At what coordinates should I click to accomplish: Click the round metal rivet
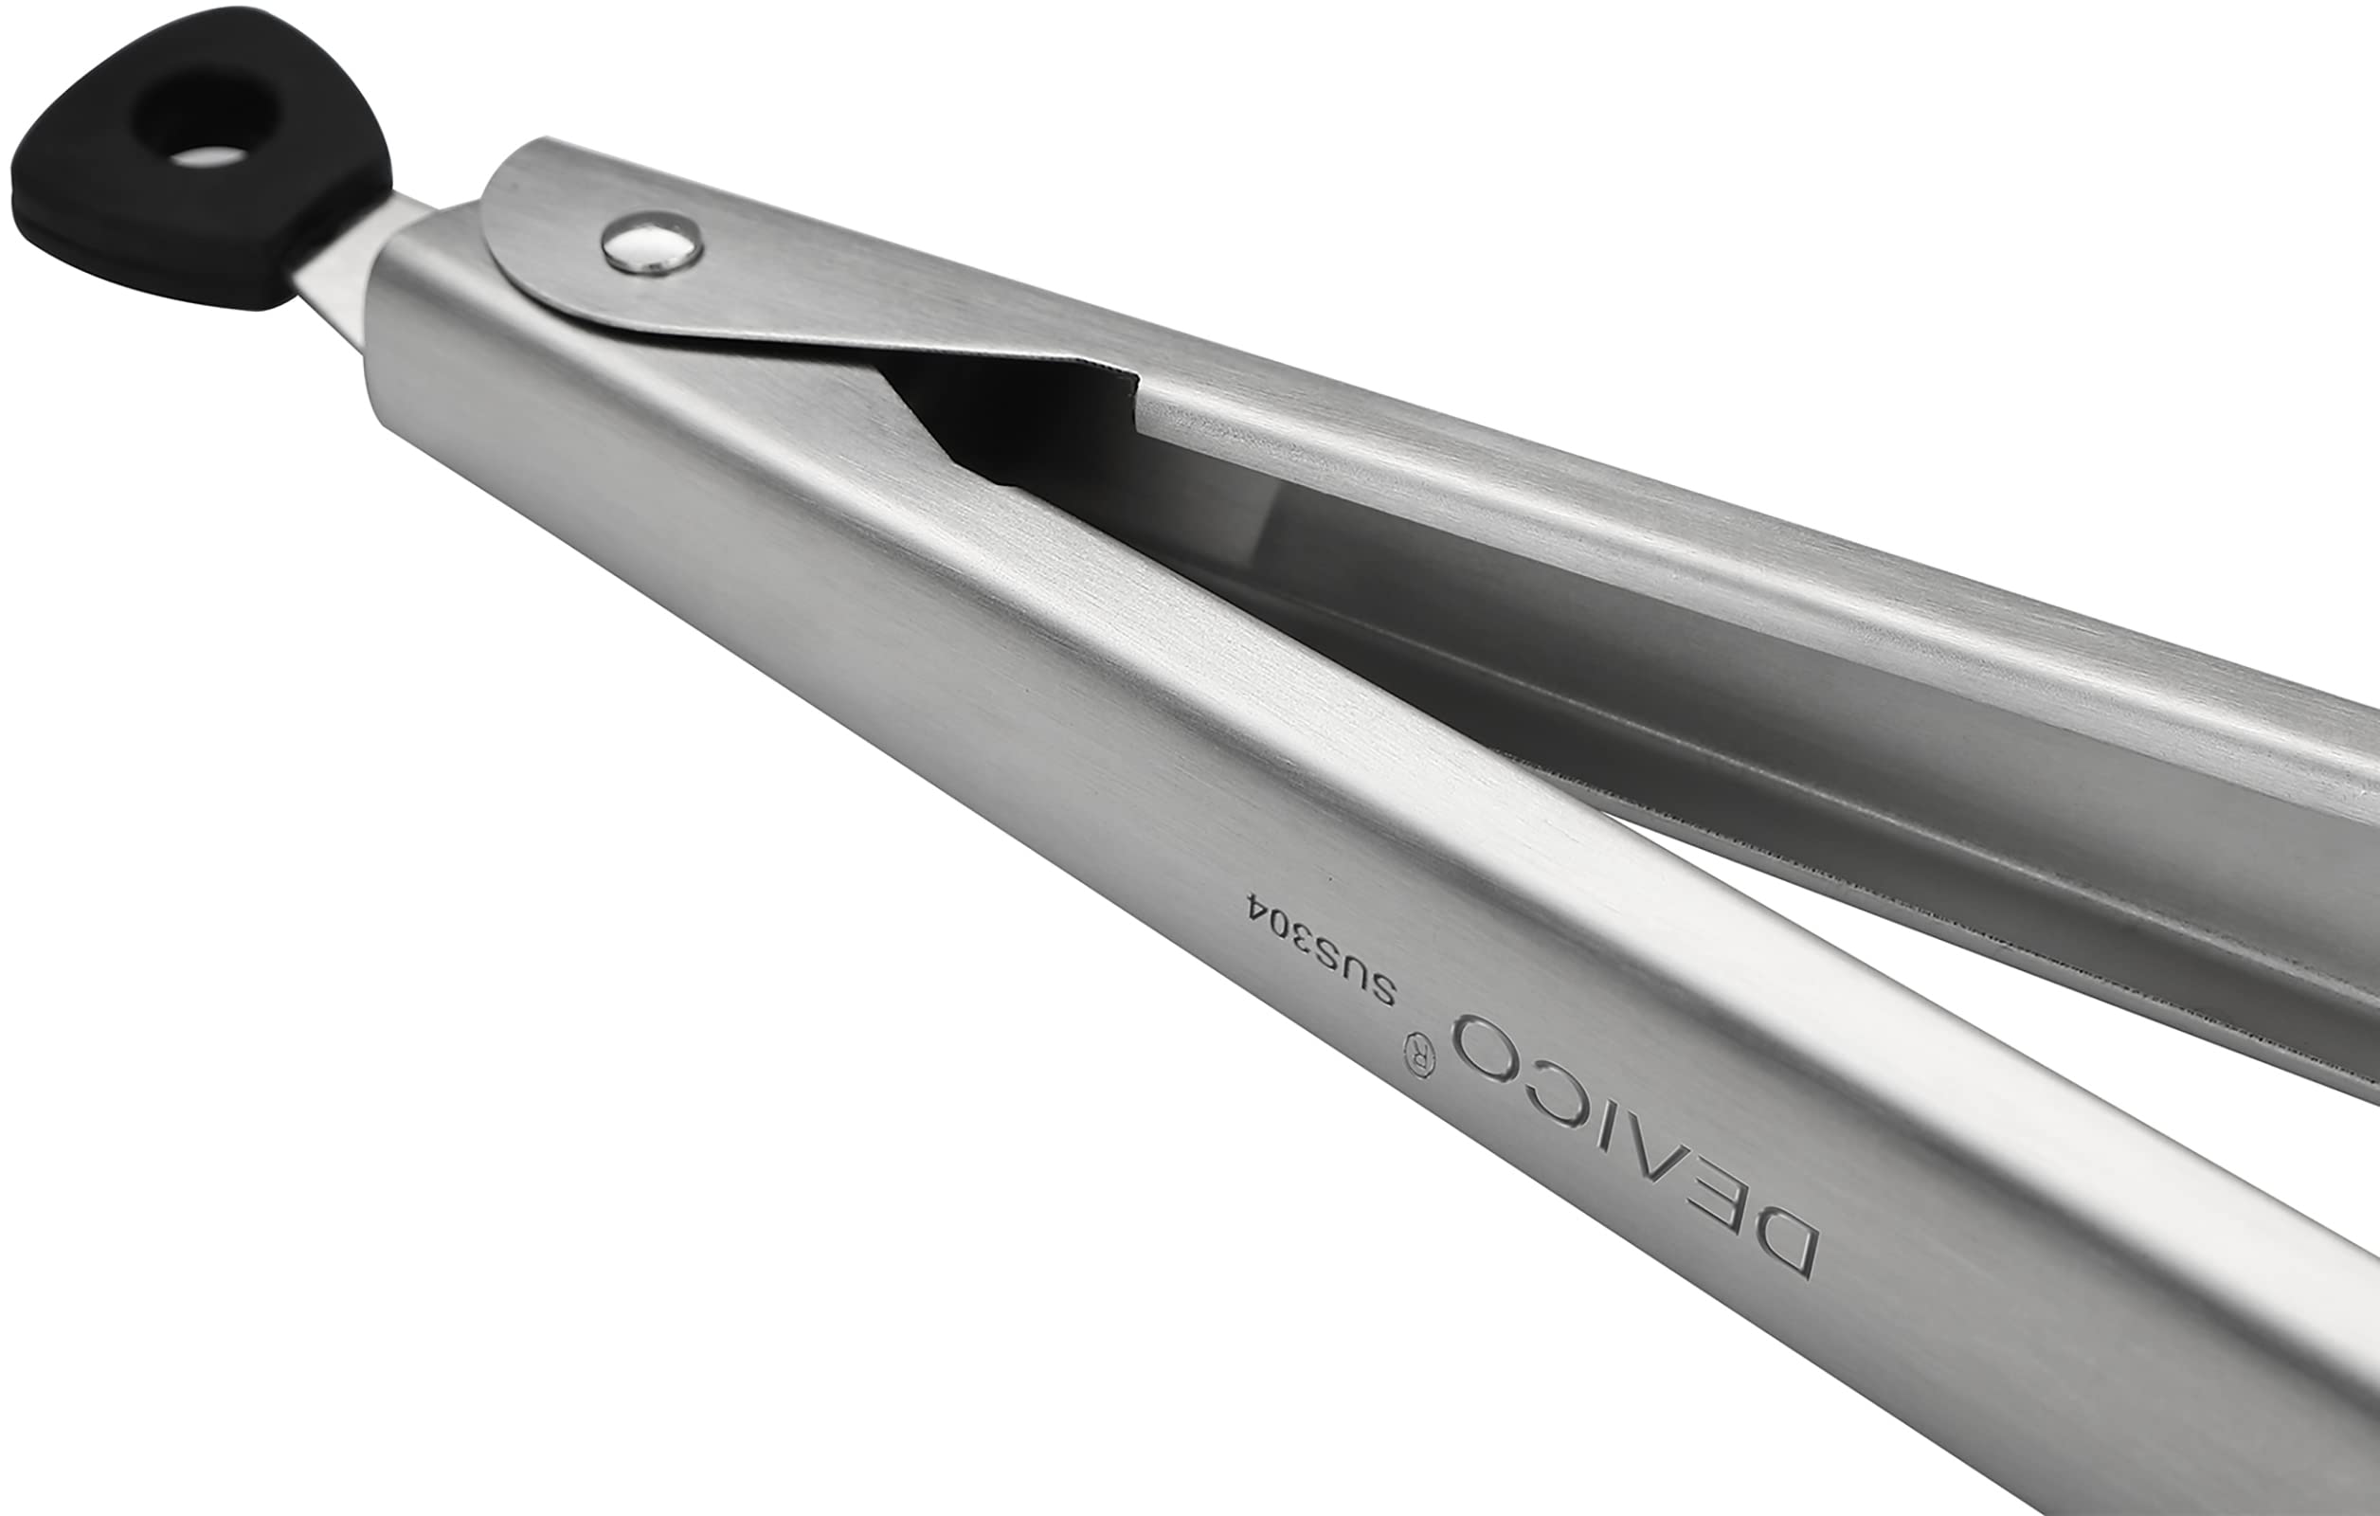tap(653, 244)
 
